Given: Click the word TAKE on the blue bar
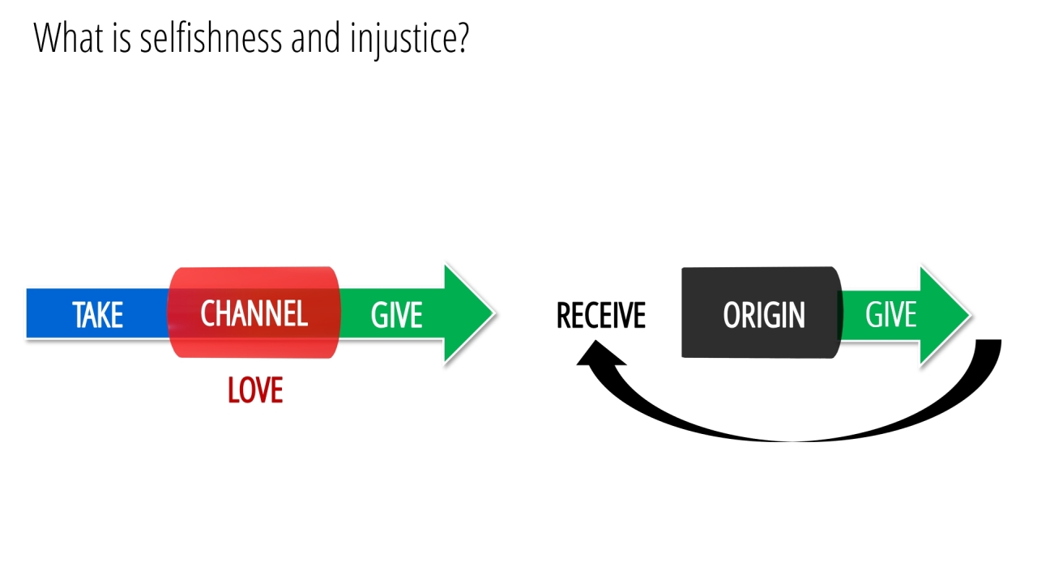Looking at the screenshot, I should [97, 315].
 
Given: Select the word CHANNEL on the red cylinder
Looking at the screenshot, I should [254, 313].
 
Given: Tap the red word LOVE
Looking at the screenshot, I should [255, 391].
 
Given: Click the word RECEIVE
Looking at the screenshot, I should [600, 315].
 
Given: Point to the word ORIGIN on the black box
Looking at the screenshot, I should [763, 315].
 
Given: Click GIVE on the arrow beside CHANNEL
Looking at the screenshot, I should [396, 315].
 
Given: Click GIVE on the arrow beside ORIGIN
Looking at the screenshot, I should [890, 314].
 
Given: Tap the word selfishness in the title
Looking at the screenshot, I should [211, 38].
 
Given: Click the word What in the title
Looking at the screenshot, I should [69, 38].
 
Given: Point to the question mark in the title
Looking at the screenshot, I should [463, 39].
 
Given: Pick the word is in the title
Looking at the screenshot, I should [122, 38].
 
